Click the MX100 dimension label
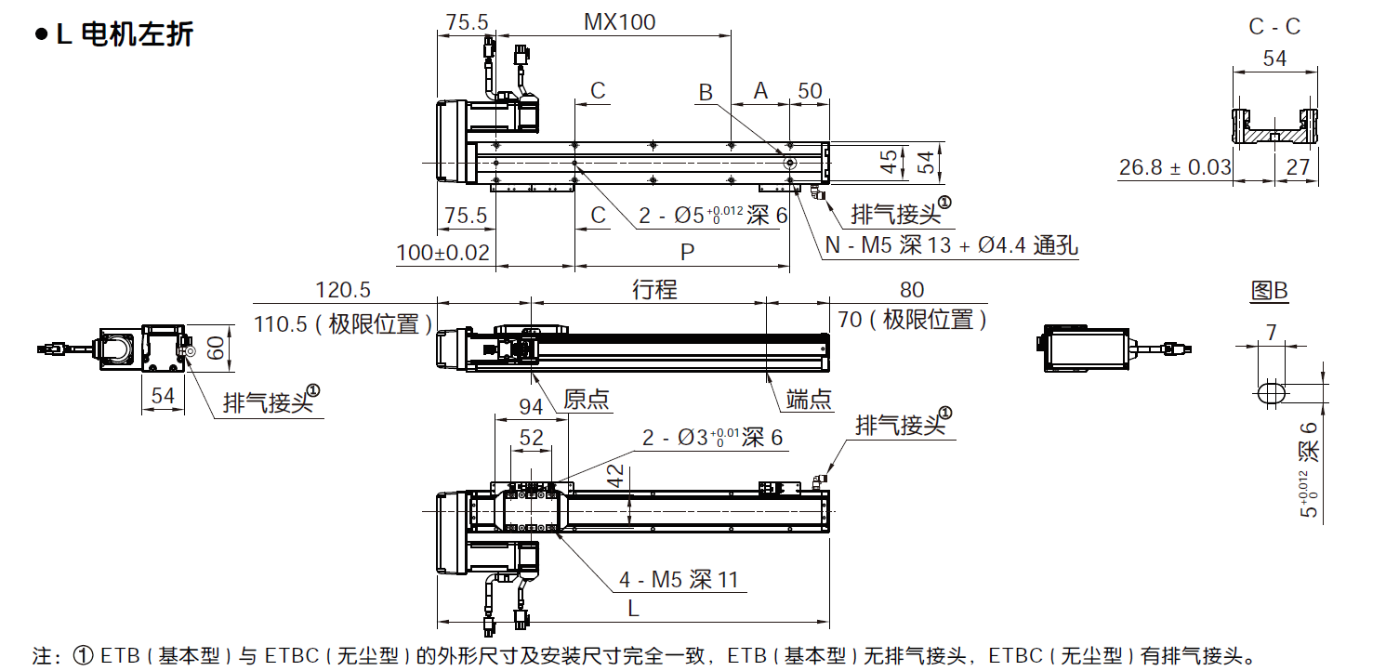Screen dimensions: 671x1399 (619, 21)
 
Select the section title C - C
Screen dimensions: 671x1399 (1274, 27)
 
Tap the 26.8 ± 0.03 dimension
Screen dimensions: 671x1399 (1175, 168)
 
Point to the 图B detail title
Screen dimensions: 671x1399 (1269, 291)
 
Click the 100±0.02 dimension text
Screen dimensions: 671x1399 (442, 252)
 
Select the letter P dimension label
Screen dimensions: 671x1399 (687, 251)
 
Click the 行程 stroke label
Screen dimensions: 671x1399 (654, 289)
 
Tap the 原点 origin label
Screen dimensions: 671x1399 (587, 400)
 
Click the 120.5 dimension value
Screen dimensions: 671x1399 (343, 289)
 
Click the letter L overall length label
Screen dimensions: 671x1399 (632, 609)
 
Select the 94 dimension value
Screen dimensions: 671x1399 (531, 407)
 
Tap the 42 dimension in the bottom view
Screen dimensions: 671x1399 (614, 476)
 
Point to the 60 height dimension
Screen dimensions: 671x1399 (216, 349)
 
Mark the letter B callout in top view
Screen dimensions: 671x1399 (706, 91)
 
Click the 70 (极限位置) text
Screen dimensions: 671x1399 (911, 321)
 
